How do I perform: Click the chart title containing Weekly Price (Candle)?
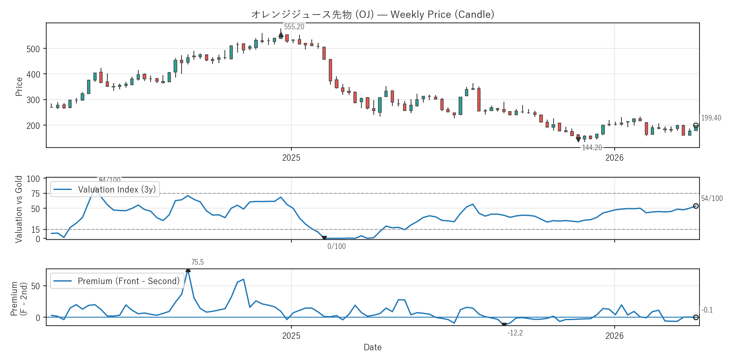[x=372, y=14]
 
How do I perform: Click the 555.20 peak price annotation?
[x=294, y=27]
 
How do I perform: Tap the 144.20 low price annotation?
[x=592, y=148]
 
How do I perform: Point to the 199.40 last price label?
[x=711, y=118]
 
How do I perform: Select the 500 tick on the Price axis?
[x=33, y=49]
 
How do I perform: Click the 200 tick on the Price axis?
[x=33, y=126]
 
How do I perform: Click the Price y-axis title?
[x=19, y=87]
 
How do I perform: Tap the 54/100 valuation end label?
[x=712, y=198]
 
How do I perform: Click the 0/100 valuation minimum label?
[x=336, y=246]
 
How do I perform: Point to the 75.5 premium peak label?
[x=197, y=262]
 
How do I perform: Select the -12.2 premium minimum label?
[x=515, y=333]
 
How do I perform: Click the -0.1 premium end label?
[x=707, y=310]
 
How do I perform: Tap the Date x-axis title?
[x=372, y=347]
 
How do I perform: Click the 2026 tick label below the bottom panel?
[x=614, y=336]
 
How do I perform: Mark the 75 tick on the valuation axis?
[x=36, y=194]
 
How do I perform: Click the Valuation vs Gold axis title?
[x=19, y=209]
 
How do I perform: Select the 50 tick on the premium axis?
[x=36, y=286]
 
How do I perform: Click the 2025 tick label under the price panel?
[x=291, y=158]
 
